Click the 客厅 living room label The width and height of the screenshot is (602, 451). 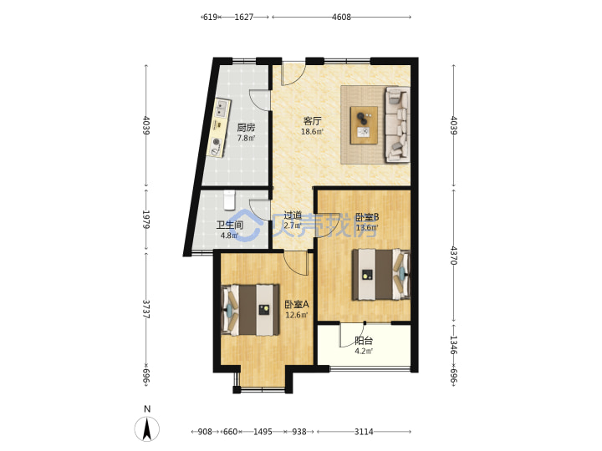pyautogui.click(x=312, y=121)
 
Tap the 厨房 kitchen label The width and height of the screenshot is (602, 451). pyautogui.click(x=246, y=128)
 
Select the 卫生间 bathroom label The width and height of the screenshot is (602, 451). pyautogui.click(x=230, y=225)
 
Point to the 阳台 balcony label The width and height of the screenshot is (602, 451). pyautogui.click(x=364, y=341)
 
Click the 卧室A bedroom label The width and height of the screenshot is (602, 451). pyautogui.click(x=296, y=305)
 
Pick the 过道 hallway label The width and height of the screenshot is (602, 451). pyautogui.click(x=293, y=215)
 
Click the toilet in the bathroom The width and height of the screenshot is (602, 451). pyautogui.click(x=229, y=200)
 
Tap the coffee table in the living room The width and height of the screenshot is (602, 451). pyautogui.click(x=364, y=125)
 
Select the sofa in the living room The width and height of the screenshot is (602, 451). pyautogui.click(x=397, y=124)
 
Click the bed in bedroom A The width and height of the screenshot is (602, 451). pyautogui.click(x=250, y=310)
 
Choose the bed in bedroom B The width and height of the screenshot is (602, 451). pyautogui.click(x=381, y=274)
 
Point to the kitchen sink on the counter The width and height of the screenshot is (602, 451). pyautogui.click(x=222, y=108)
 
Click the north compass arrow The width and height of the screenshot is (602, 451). pyautogui.click(x=147, y=428)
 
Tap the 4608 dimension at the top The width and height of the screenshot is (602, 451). pyautogui.click(x=341, y=17)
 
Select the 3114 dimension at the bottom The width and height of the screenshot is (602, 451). pyautogui.click(x=364, y=432)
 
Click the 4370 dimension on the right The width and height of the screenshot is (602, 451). pyautogui.click(x=454, y=256)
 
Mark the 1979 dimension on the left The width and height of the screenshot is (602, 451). pyautogui.click(x=145, y=219)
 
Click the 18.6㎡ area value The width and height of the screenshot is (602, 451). pyautogui.click(x=312, y=132)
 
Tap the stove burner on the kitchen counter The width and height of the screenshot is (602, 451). pyautogui.click(x=217, y=142)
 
